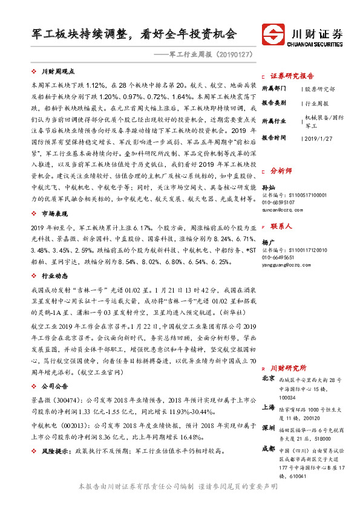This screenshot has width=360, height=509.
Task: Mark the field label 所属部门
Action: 273,89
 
